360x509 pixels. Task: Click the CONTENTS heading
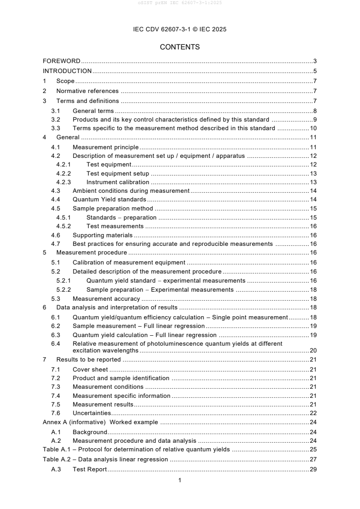click(180, 47)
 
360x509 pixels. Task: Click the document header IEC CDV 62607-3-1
click(180, 29)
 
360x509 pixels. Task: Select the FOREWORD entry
click(61, 61)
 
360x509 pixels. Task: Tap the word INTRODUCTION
click(67, 71)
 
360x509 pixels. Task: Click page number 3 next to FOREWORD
click(315, 61)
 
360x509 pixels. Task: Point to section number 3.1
click(56, 111)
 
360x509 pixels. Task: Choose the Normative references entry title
click(87, 91)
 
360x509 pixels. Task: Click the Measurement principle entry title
click(105, 147)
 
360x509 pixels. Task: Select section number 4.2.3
click(64, 182)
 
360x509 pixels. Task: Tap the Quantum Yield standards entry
click(109, 200)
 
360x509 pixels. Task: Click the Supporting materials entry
click(103, 235)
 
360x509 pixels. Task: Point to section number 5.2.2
click(64, 289)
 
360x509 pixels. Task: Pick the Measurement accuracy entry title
click(106, 299)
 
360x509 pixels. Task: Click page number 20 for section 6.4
click(313, 350)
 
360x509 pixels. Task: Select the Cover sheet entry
click(90, 369)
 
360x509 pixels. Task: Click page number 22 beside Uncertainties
click(313, 413)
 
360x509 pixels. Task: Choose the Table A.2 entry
click(105, 459)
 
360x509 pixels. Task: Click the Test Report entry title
click(89, 469)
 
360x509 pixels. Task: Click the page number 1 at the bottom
click(180, 480)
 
